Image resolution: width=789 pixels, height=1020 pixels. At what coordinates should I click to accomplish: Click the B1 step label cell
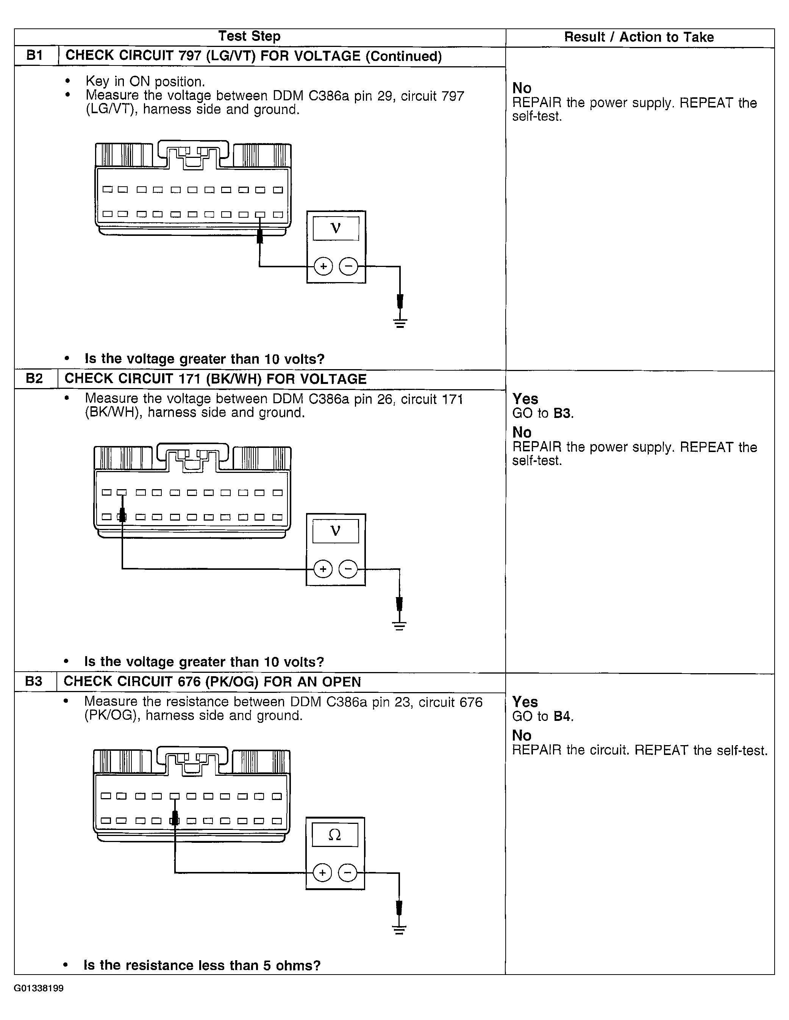pyautogui.click(x=35, y=56)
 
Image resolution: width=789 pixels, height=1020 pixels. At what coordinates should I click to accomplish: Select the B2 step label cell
pyautogui.click(x=34, y=378)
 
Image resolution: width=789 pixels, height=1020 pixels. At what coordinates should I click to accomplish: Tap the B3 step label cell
pyautogui.click(x=34, y=682)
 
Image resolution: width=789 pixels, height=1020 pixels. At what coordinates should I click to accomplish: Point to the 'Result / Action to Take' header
pyautogui.click(x=639, y=37)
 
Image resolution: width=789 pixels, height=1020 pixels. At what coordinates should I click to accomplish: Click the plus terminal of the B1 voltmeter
pyautogui.click(x=323, y=267)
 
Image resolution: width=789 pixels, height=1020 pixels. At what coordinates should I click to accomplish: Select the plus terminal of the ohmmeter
pyautogui.click(x=322, y=872)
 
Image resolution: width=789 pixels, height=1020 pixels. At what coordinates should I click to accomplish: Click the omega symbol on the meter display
pyautogui.click(x=334, y=834)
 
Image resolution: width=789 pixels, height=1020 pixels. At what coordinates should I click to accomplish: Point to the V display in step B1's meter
pyautogui.click(x=335, y=228)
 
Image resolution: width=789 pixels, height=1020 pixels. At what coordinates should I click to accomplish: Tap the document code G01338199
pyautogui.click(x=39, y=988)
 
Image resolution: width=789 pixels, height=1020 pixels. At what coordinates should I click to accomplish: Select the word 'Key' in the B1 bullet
pyautogui.click(x=97, y=81)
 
